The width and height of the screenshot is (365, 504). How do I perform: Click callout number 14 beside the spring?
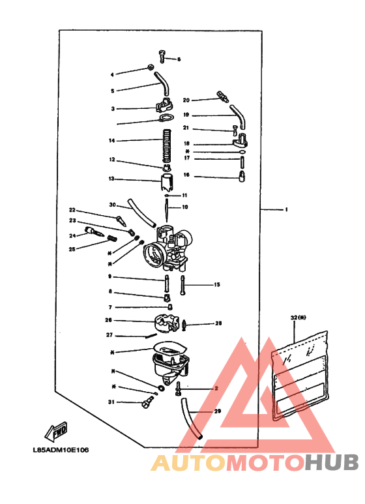click(x=111, y=141)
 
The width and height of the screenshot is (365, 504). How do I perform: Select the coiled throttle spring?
click(x=167, y=143)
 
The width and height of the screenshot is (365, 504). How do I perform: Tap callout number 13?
click(x=111, y=179)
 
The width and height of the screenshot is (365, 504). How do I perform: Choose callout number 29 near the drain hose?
click(x=217, y=411)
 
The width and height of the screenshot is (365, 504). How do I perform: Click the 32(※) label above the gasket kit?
click(x=298, y=318)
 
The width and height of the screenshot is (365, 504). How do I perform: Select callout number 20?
click(x=186, y=100)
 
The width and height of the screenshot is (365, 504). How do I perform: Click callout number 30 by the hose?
click(x=112, y=205)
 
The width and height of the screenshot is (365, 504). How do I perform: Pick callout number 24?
click(x=72, y=236)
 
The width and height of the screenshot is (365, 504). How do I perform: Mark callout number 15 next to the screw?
click(x=217, y=285)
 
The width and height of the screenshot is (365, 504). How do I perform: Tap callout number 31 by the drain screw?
click(x=111, y=402)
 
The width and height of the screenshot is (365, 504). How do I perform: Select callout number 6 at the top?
click(x=179, y=59)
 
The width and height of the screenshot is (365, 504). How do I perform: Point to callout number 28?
click(x=218, y=323)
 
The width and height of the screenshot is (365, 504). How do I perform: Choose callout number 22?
click(x=72, y=210)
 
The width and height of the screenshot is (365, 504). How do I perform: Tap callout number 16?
click(x=186, y=175)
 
